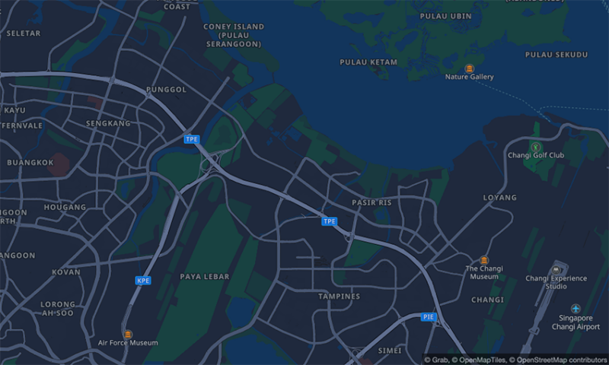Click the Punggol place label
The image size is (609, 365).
pyautogui.click(x=166, y=90)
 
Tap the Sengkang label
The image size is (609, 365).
pyautogui.click(x=108, y=123)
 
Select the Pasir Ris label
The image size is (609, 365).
pyautogui.click(x=371, y=203)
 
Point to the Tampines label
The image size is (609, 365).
pyautogui.click(x=339, y=296)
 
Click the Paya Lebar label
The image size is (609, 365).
pyautogui.click(x=204, y=277)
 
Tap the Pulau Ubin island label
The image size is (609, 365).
pyautogui.click(x=445, y=16)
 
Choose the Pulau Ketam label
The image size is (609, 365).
pyautogui.click(x=368, y=62)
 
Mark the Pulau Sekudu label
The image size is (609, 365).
pyautogui.click(x=556, y=55)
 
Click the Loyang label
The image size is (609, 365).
pyautogui.click(x=499, y=198)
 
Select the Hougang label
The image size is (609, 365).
pyautogui.click(x=65, y=207)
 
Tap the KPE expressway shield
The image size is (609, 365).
pyautogui.click(x=143, y=281)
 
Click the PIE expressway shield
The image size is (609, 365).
pyautogui.click(x=429, y=316)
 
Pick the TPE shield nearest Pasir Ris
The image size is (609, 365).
pyautogui.click(x=329, y=221)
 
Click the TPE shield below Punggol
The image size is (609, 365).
pyautogui.click(x=191, y=139)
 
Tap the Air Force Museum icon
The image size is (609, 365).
pyautogui.click(x=127, y=333)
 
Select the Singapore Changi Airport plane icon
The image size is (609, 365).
pyautogui.click(x=576, y=308)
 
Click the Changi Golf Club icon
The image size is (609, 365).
pyautogui.click(x=535, y=145)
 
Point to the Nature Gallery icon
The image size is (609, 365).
pyautogui.click(x=469, y=68)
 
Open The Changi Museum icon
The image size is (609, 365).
pyautogui.click(x=484, y=259)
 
